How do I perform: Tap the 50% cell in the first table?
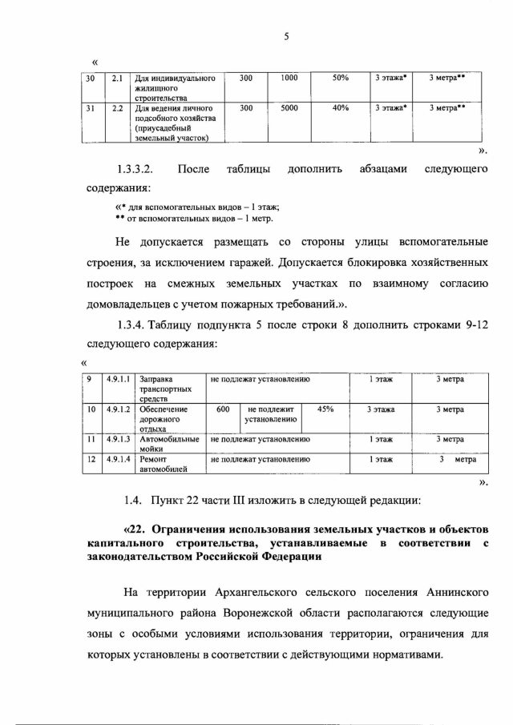click(x=340, y=78)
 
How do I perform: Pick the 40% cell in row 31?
click(x=340, y=107)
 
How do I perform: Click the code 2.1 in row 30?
click(x=116, y=79)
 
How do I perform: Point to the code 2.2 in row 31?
click(x=116, y=107)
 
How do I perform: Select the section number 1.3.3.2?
click(x=135, y=169)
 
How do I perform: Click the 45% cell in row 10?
click(x=326, y=409)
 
